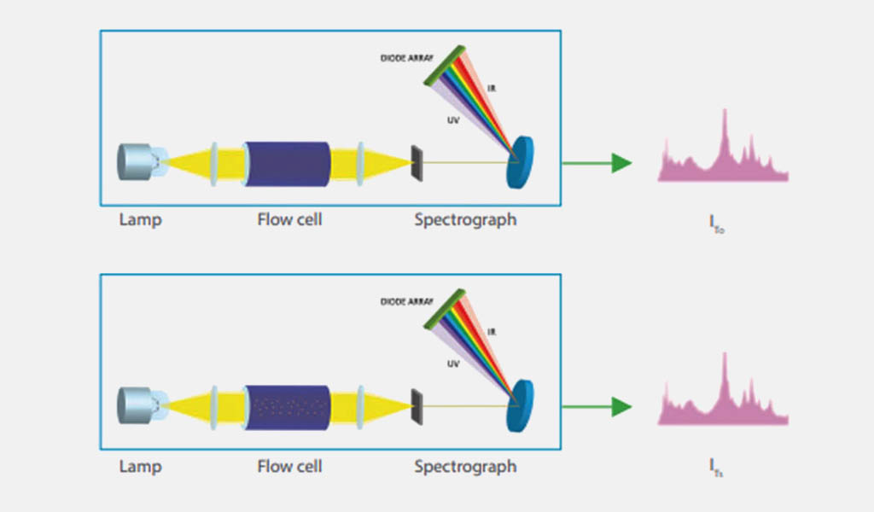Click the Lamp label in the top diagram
(141, 220)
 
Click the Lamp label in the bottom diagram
(141, 467)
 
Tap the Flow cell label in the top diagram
(290, 220)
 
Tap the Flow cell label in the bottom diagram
(290, 467)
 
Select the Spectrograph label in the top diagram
(465, 220)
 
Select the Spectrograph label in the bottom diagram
(465, 467)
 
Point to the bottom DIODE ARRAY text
(407, 302)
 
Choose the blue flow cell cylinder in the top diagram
(288, 164)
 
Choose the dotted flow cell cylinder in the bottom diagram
(288, 407)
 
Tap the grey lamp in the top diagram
(137, 161)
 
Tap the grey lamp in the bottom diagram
(137, 404)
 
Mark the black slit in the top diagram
(417, 162)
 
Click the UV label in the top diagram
(453, 120)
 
